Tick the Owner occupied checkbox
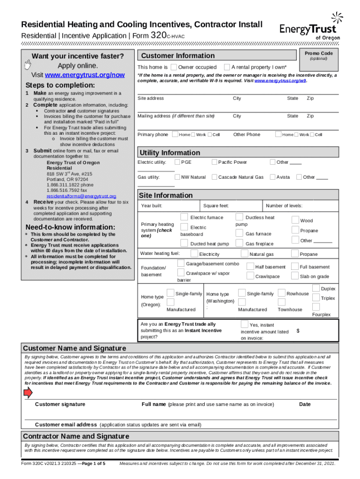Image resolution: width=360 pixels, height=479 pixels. (x=173, y=67)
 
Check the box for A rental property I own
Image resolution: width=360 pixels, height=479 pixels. (x=227, y=67)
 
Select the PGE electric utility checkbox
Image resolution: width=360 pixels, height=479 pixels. (x=177, y=162)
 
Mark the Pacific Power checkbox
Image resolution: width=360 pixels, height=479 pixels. (x=214, y=162)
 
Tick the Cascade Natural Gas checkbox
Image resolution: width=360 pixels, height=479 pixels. (x=214, y=177)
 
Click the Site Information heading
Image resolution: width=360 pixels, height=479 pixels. (x=166, y=195)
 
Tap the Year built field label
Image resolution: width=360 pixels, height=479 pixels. (x=151, y=206)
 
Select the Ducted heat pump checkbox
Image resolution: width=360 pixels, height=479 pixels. (x=185, y=243)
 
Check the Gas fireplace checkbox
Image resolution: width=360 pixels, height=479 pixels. (x=239, y=243)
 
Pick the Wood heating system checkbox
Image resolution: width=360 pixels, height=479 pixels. (x=295, y=219)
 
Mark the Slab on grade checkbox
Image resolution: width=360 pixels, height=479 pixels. (x=295, y=276)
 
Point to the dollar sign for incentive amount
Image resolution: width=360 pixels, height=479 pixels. (x=298, y=331)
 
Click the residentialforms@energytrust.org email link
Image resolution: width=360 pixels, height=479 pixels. (x=81, y=196)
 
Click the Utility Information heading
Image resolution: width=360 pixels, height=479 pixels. (x=170, y=152)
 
